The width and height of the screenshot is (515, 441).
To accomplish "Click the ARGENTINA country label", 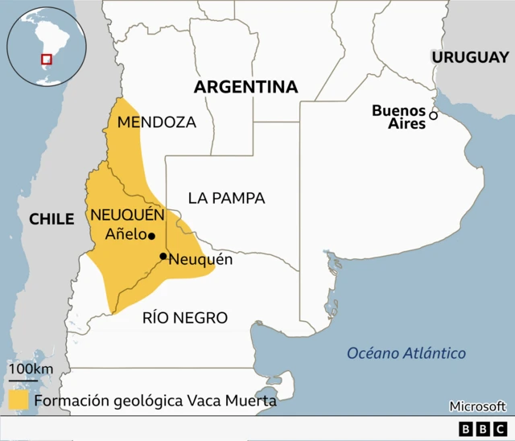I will point(245,87).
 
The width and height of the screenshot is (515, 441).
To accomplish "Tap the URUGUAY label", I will point(471,57).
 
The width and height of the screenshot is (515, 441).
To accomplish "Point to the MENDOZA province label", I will point(156,122).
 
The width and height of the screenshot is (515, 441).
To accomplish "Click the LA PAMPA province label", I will point(226,198).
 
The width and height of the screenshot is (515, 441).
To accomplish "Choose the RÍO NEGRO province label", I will point(184,318).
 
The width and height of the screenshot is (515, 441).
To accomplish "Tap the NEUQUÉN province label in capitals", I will point(127,215).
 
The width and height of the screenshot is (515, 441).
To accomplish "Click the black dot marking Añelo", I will point(151,237).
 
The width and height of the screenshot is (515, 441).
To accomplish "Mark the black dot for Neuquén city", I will point(163,257).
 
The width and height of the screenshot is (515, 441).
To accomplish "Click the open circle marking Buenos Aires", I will point(433,116).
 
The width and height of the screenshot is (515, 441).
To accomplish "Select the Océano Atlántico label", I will point(406,353).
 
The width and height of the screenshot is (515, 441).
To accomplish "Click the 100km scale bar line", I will point(23,380).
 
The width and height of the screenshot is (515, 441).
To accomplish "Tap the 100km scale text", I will point(31,369).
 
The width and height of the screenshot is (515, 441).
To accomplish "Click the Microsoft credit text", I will point(477,406).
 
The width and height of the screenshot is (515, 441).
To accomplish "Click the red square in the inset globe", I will point(47,59).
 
